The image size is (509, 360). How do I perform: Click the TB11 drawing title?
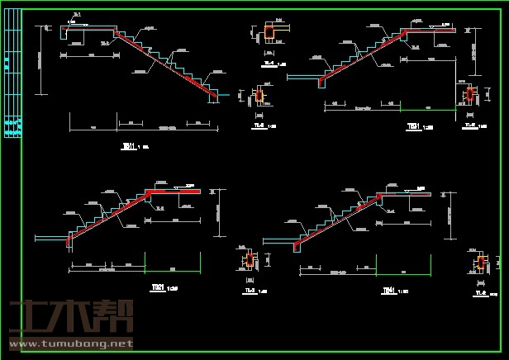(129, 146)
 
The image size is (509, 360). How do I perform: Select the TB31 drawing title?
(413, 126)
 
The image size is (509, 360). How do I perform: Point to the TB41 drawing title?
(388, 291)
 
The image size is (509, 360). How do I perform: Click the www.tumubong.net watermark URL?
(71, 343)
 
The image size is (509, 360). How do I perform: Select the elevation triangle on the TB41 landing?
(411, 191)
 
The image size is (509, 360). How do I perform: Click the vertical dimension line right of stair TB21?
(219, 212)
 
